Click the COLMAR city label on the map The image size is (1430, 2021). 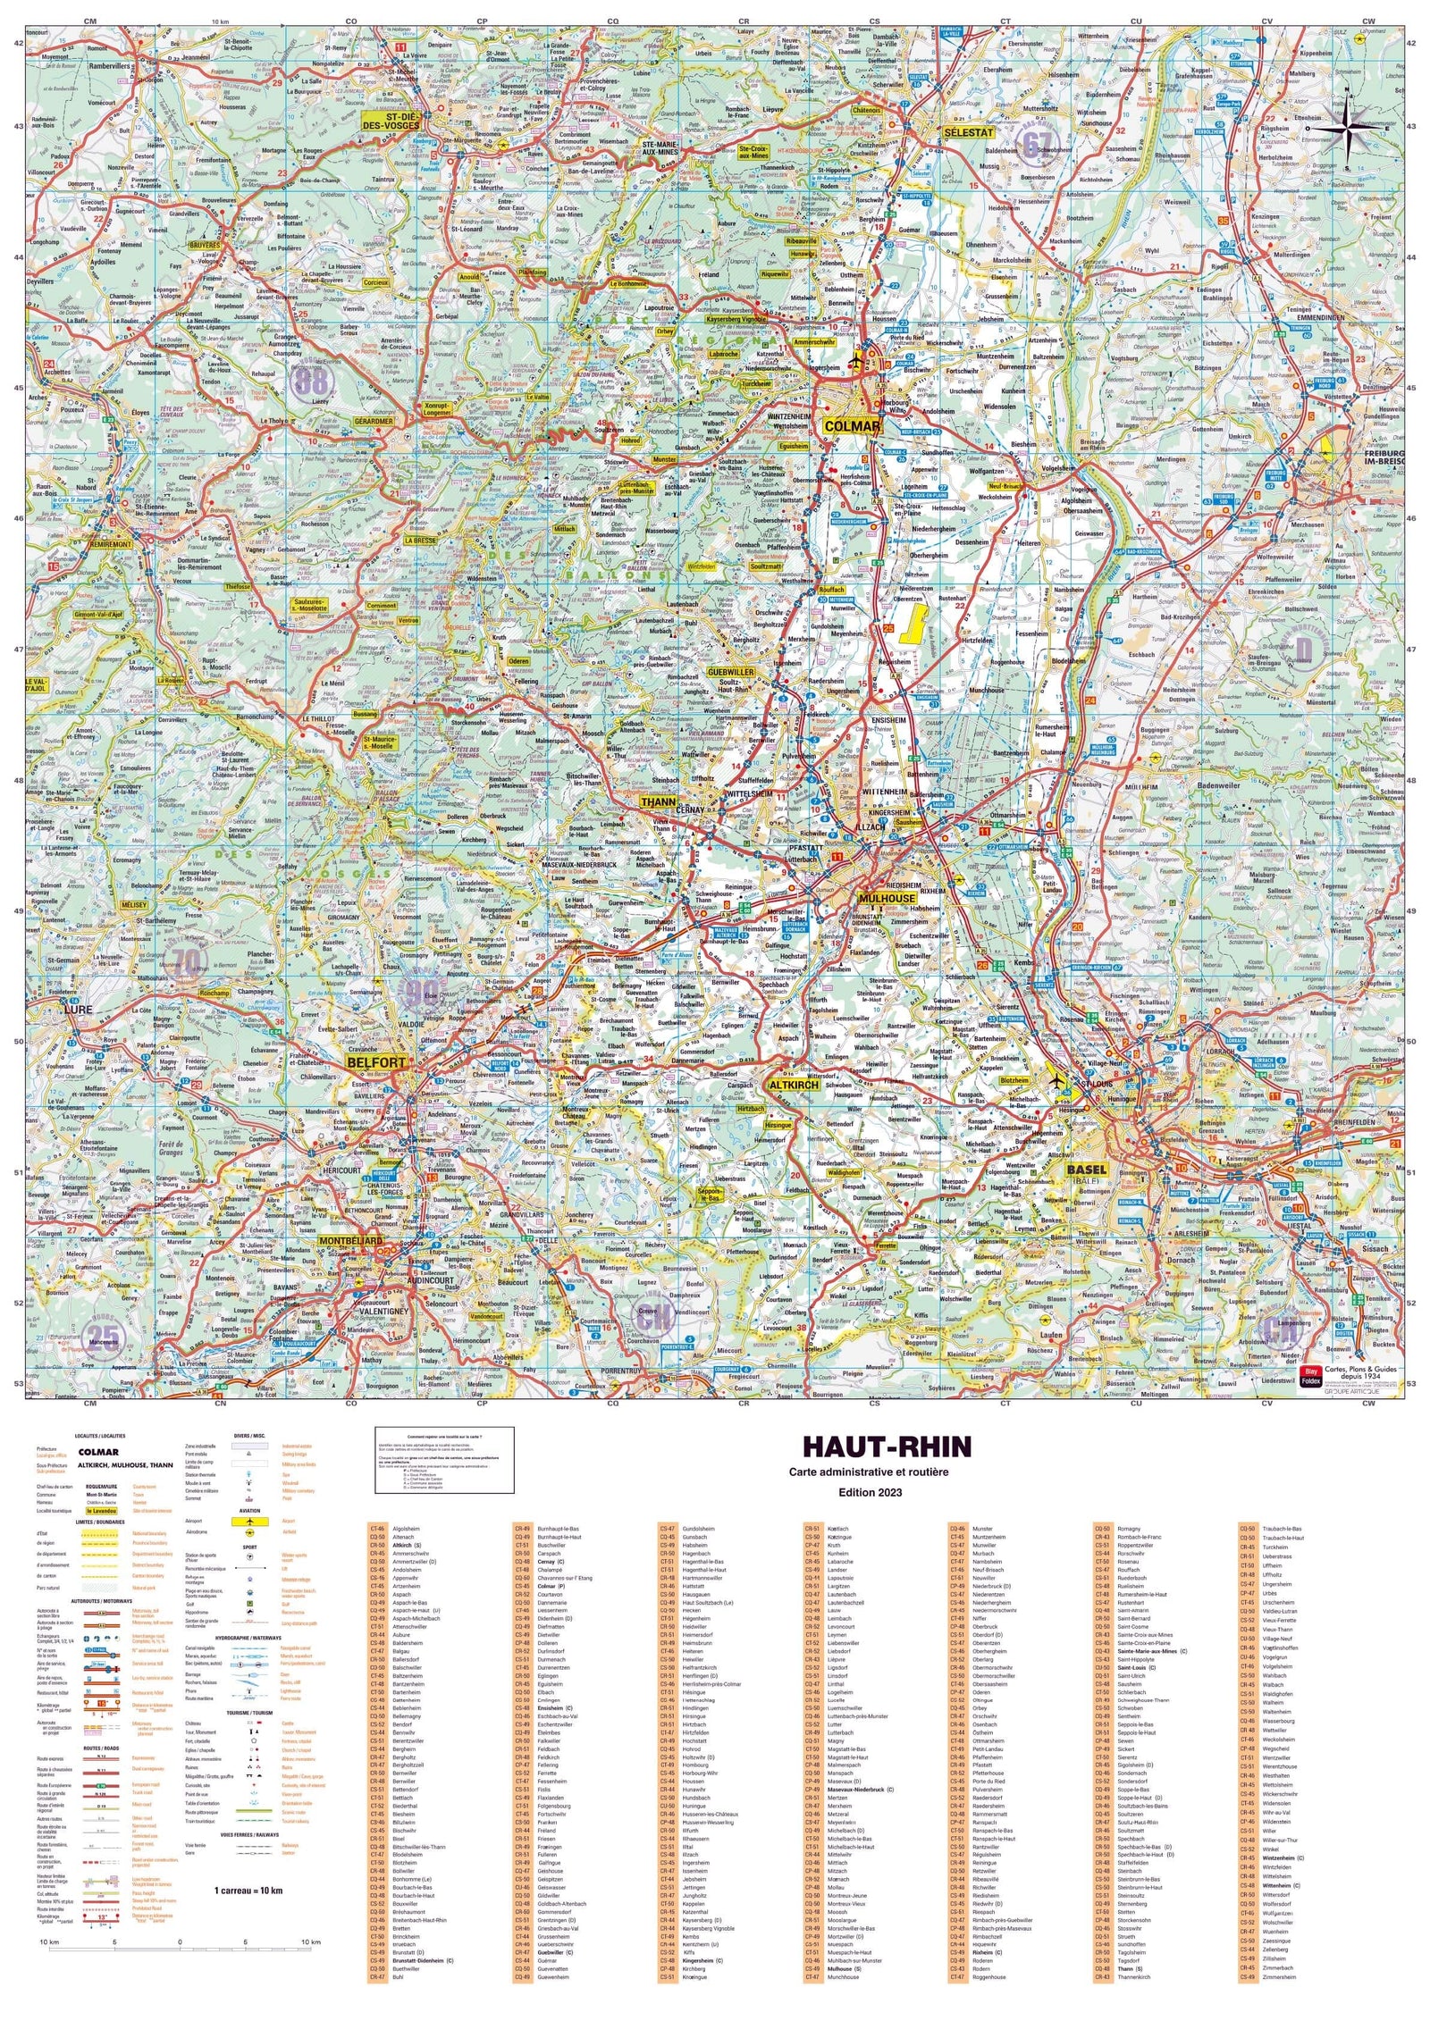(x=852, y=426)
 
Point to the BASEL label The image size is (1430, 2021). (x=1086, y=1169)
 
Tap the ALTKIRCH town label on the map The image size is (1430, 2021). (x=794, y=1085)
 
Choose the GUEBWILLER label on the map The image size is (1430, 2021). (x=730, y=671)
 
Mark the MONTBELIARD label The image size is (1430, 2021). (x=350, y=1242)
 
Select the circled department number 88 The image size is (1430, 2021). (x=313, y=382)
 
